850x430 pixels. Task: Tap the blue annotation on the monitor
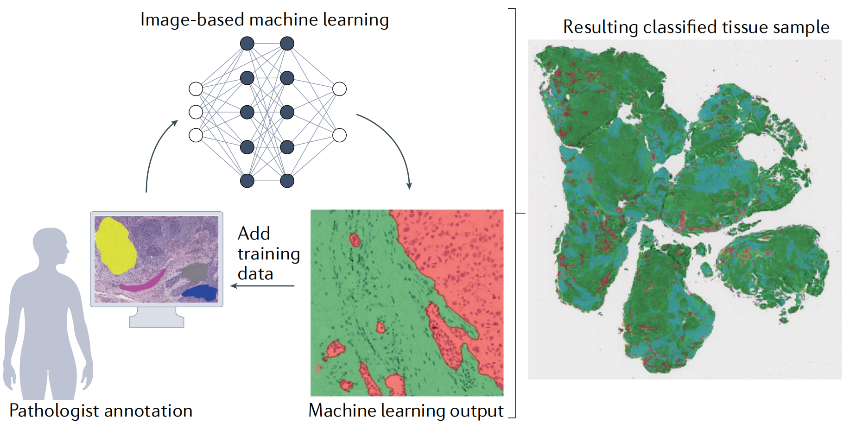point(200,292)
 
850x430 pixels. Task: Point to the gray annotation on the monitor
point(195,272)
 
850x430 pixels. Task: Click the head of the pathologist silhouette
point(50,246)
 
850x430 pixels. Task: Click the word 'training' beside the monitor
point(269,254)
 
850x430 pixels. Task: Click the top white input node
point(196,89)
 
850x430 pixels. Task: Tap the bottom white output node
point(340,135)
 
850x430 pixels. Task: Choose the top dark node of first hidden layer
point(247,44)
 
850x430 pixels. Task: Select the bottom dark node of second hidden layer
point(287,181)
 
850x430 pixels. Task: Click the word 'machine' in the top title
point(284,20)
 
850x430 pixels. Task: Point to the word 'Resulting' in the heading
point(601,27)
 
